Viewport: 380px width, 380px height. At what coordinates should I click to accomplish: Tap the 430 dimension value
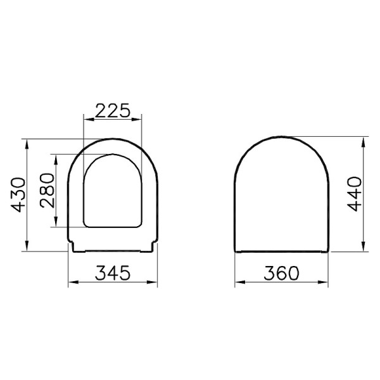pos(18,194)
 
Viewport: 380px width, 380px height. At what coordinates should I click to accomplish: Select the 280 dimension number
pos(47,191)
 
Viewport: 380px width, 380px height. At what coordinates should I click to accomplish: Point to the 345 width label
pos(113,274)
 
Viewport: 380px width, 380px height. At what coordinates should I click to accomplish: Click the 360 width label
pos(281,274)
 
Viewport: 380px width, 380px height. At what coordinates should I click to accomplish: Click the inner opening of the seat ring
pos(112,190)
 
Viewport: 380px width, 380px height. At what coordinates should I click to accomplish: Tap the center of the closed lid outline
pos(282,193)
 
